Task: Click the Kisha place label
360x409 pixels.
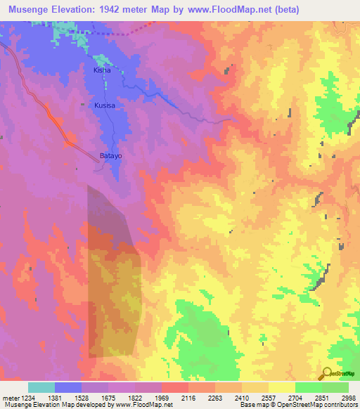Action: (103, 71)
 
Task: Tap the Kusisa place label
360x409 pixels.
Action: (105, 105)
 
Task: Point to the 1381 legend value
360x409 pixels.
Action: (53, 398)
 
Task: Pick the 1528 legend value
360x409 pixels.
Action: (80, 398)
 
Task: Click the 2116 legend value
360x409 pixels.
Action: (188, 398)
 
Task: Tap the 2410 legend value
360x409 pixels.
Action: (241, 398)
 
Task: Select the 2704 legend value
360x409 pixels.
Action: (295, 398)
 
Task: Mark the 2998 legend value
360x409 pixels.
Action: (348, 398)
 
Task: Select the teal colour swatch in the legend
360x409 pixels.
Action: (41, 387)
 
